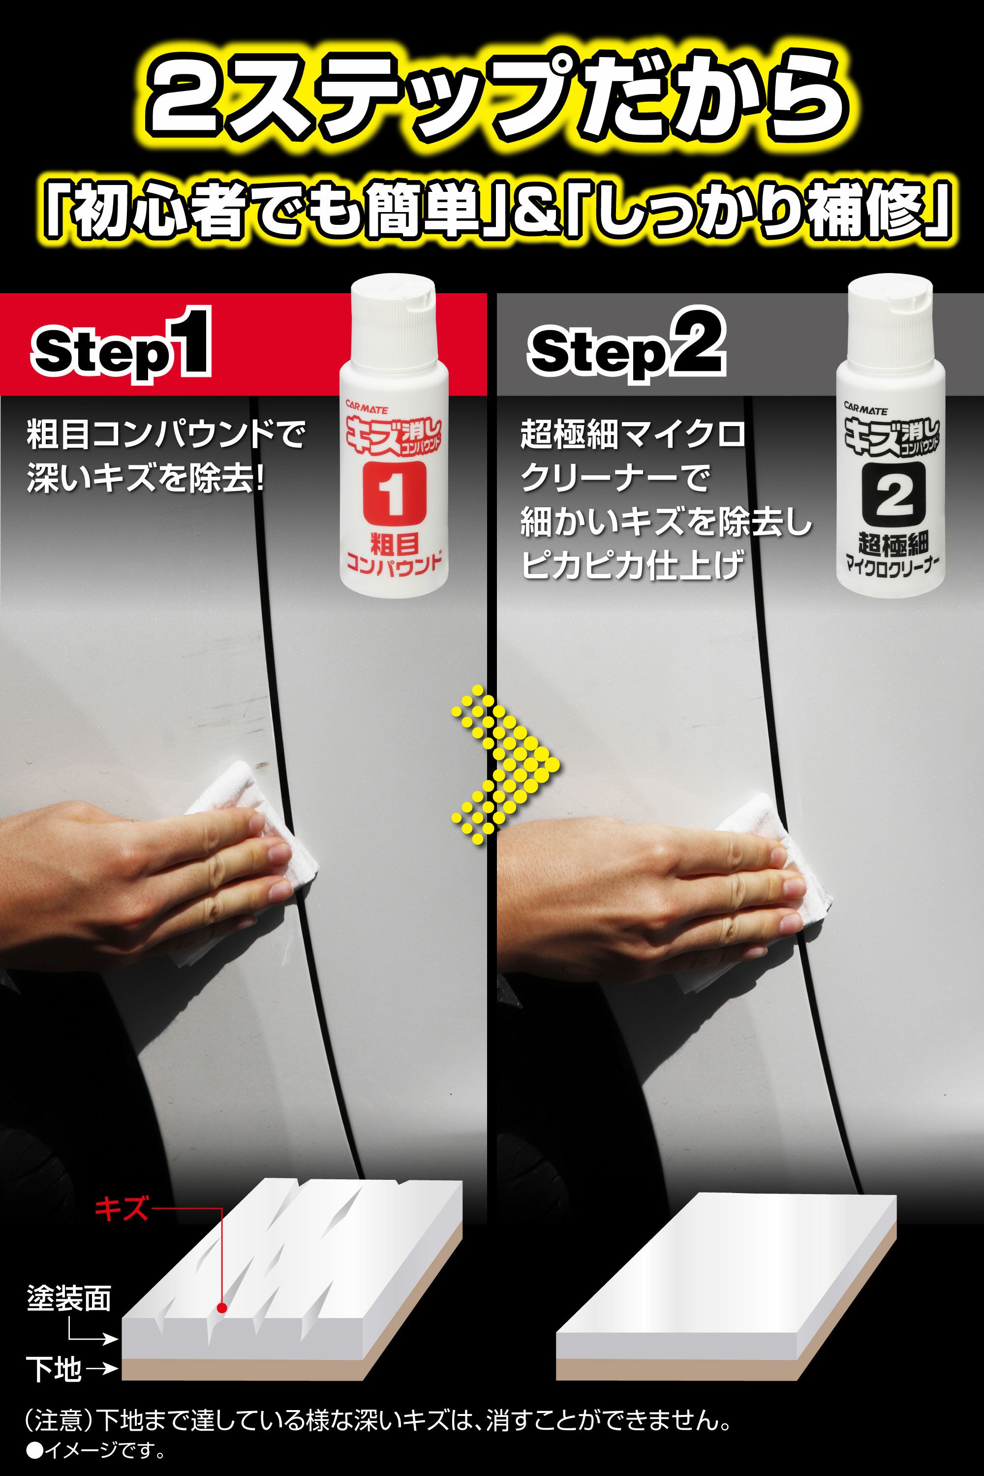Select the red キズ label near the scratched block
coord(121,1208)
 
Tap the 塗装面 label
coord(69,1298)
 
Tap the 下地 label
coord(53,1369)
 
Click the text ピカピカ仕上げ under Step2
coord(633,567)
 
